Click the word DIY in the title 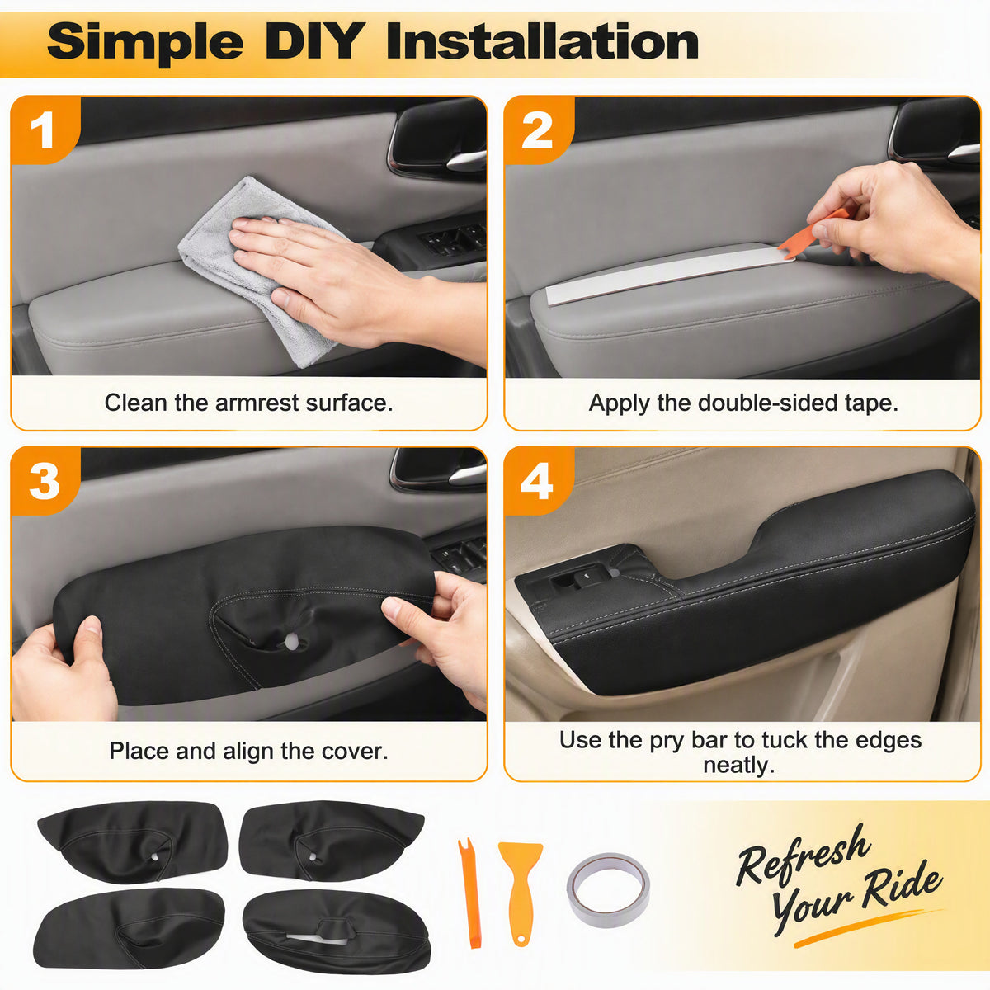coord(315,41)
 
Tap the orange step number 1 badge coord(45,130)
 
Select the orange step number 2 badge coord(538,130)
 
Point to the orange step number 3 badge coord(45,481)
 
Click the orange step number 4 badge coord(538,481)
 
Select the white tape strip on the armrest coord(668,274)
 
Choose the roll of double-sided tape coord(608,890)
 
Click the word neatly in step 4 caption coord(738,765)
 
